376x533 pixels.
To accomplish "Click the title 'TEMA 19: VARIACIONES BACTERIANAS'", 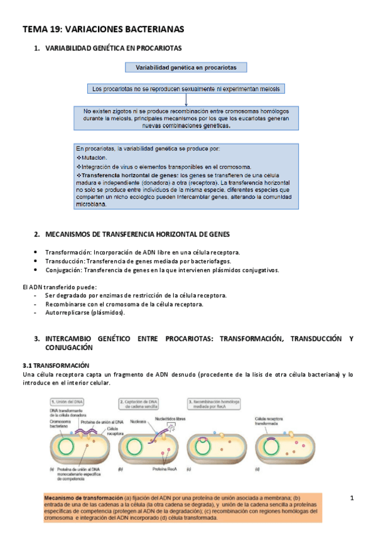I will [x=104, y=29].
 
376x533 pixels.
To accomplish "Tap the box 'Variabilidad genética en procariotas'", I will [x=186, y=67].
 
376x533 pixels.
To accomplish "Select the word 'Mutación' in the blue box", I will [x=94, y=157].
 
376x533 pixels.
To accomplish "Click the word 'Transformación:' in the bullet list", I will [x=68, y=253].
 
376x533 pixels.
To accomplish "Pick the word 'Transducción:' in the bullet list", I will [x=65, y=261].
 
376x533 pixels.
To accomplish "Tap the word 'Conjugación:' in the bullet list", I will [x=65, y=270].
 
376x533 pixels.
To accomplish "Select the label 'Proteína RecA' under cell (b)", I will [x=171, y=469].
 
